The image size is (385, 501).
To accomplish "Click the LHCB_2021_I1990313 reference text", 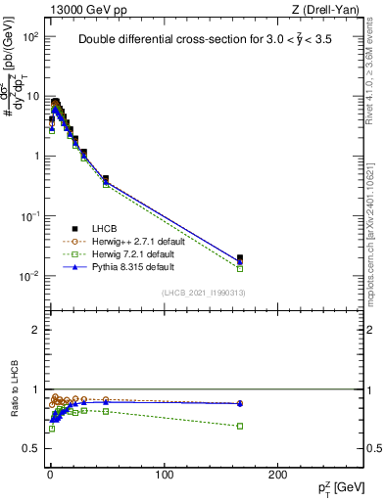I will (205, 293).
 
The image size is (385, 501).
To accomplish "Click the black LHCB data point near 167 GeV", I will (240, 258).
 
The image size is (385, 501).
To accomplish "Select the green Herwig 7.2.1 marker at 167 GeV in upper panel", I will (240, 268).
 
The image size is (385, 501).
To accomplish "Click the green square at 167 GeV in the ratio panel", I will (240, 426).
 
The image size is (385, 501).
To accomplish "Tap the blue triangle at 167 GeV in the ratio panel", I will (240, 403).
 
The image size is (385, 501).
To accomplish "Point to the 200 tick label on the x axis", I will (277, 475).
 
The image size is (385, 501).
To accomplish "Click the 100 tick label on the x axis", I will (164, 475).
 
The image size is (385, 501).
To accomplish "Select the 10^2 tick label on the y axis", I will (29, 37).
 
